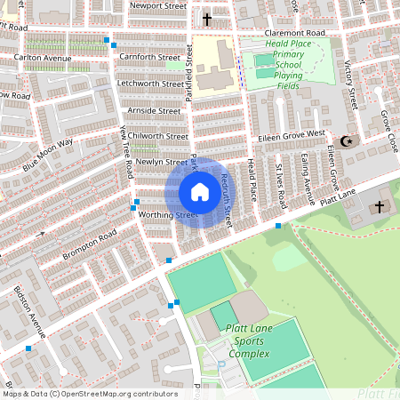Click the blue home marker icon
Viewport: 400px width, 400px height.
(x=200, y=192)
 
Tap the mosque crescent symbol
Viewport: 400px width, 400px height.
(x=347, y=141)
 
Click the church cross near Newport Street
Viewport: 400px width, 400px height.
(x=207, y=19)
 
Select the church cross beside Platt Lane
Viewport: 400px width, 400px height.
(x=379, y=206)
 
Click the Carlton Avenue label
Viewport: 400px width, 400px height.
(x=42, y=58)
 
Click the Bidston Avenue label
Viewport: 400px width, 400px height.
(x=29, y=312)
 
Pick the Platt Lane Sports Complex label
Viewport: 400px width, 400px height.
(x=248, y=341)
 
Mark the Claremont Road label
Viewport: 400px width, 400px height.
(x=295, y=33)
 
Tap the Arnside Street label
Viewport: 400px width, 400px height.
(x=154, y=110)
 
